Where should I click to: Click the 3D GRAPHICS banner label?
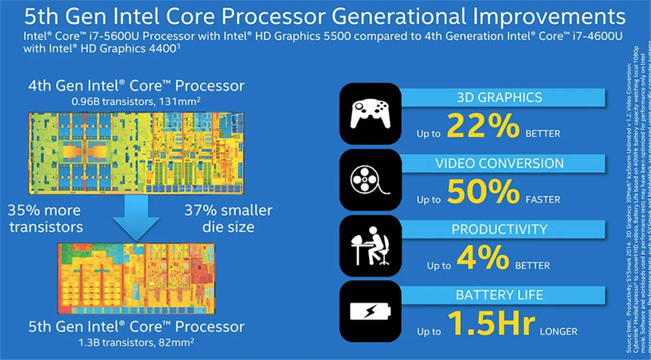[500, 98]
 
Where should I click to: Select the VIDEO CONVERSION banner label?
[500, 163]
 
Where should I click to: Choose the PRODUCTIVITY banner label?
[499, 229]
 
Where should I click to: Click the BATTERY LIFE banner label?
[499, 295]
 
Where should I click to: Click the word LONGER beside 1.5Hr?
[558, 331]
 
